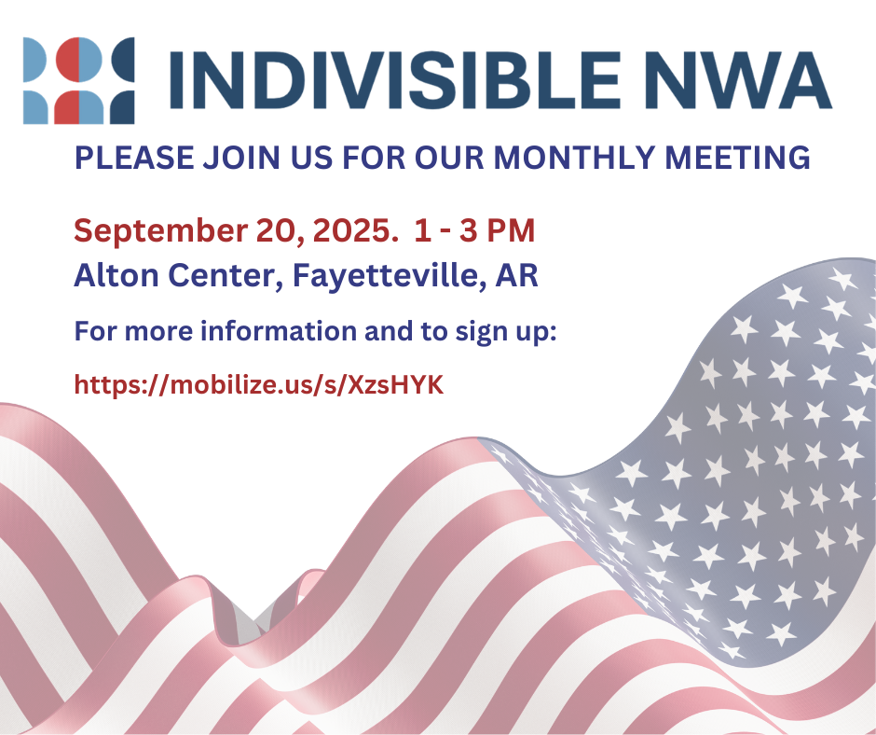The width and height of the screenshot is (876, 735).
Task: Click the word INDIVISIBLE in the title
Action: pyautogui.click(x=395, y=80)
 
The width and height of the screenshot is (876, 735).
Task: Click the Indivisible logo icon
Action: pyautogui.click(x=79, y=80)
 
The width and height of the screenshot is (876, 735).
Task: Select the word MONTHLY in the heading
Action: pyautogui.click(x=575, y=158)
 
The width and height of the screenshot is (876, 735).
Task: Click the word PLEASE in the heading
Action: pyautogui.click(x=134, y=158)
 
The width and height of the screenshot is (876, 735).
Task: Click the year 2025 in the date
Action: pyautogui.click(x=350, y=229)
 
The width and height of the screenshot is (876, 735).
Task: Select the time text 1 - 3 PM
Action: pyautogui.click(x=475, y=229)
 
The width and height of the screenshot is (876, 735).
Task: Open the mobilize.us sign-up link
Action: pyautogui.click(x=259, y=385)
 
